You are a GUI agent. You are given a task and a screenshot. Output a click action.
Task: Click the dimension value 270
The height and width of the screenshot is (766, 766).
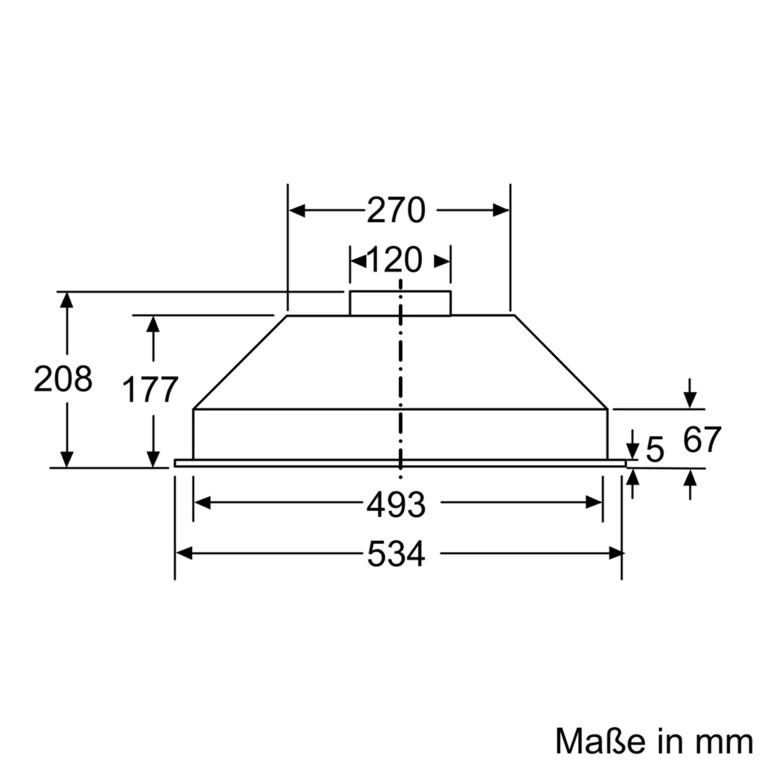click(x=396, y=210)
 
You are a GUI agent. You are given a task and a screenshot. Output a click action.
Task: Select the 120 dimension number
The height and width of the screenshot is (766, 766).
click(x=394, y=260)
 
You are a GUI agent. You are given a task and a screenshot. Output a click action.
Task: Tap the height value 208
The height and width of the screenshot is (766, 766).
click(x=63, y=379)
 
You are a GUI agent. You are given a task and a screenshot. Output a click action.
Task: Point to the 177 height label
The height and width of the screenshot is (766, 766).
click(x=150, y=390)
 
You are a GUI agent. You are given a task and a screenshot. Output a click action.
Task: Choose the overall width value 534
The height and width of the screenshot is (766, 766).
click(x=396, y=554)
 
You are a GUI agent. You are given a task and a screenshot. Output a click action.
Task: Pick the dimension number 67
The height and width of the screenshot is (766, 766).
click(x=702, y=440)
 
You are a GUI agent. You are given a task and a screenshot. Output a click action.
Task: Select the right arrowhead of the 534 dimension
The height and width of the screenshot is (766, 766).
click(x=616, y=553)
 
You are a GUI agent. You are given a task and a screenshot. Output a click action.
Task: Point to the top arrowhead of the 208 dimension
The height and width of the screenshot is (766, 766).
click(x=67, y=300)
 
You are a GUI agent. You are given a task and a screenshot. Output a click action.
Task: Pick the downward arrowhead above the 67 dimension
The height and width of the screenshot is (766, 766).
click(x=690, y=399)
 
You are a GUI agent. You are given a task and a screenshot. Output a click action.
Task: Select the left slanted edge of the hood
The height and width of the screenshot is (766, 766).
click(x=239, y=362)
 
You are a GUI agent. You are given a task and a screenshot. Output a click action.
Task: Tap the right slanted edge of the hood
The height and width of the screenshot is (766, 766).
click(x=561, y=362)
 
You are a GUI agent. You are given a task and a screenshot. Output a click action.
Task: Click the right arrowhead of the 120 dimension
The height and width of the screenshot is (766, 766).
click(x=442, y=262)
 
